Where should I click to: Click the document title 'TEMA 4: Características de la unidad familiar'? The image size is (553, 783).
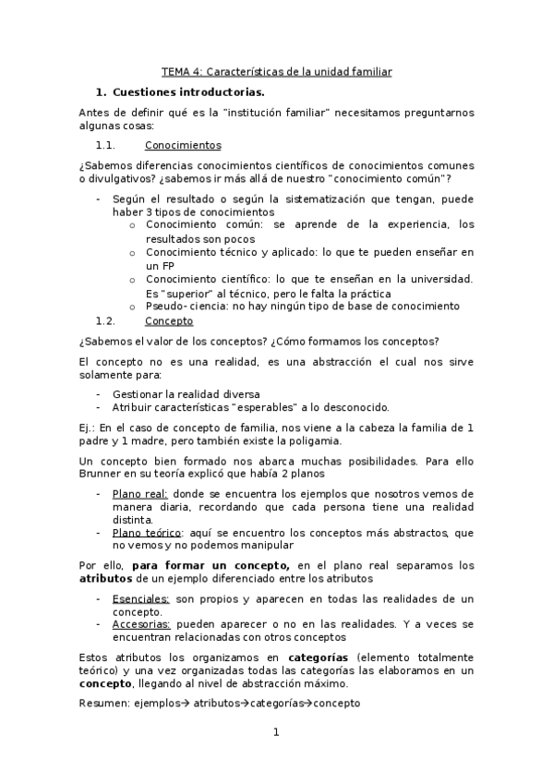tap(276, 71)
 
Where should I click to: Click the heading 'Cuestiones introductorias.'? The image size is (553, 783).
tap(188, 92)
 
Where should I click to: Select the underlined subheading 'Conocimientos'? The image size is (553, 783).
tap(183, 145)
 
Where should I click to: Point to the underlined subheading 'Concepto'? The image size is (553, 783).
tap(169, 320)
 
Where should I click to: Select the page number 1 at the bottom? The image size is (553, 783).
tap(275, 733)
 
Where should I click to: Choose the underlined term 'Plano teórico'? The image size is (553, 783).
tap(147, 533)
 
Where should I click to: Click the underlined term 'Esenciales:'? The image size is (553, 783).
tap(140, 598)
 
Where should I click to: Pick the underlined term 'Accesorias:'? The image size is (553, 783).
tap(140, 624)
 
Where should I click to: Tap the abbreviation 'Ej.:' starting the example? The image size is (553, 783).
tap(87, 428)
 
